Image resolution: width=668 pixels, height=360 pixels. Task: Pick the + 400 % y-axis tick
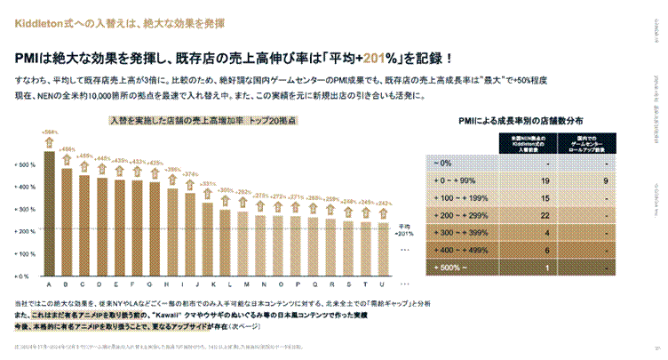point(26,188)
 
